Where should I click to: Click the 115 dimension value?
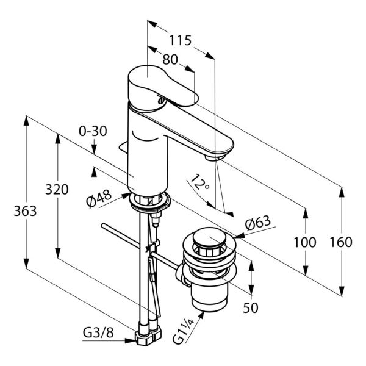pyautogui.click(x=180, y=41)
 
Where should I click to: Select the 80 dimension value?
pyautogui.click(x=170, y=59)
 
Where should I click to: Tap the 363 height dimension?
pyautogui.click(x=25, y=211)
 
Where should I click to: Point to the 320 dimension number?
pyautogui.click(x=57, y=189)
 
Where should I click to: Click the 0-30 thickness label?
pyautogui.click(x=93, y=131)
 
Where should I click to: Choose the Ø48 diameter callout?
pyautogui.click(x=99, y=199)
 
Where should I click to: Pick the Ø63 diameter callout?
pyautogui.click(x=258, y=224)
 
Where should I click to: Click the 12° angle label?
pyautogui.click(x=200, y=182)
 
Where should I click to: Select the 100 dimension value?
pyautogui.click(x=305, y=242)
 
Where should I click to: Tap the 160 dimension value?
pyautogui.click(x=341, y=242)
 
